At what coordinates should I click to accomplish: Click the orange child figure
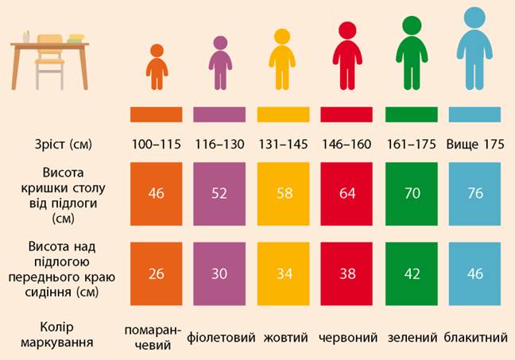tap(157, 68)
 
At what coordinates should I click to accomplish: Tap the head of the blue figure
tap(474, 17)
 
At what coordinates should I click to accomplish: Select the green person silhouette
tap(412, 53)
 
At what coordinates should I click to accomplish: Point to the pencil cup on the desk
tap(26, 37)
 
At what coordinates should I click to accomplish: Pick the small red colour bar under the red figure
tap(347, 114)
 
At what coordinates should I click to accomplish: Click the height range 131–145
tap(283, 144)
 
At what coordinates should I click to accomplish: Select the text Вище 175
tap(475, 144)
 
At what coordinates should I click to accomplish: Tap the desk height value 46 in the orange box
tap(156, 193)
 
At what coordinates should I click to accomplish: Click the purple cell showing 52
tap(219, 194)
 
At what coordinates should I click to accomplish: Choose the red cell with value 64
tap(347, 194)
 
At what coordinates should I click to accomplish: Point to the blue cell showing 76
tap(475, 194)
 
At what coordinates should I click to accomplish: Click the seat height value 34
tap(284, 273)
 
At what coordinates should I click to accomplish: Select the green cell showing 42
tap(412, 273)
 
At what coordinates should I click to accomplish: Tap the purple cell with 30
tap(219, 273)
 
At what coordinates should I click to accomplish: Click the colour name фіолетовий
tap(221, 338)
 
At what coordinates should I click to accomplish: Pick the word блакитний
tap(475, 337)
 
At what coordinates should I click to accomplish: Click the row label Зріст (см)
tap(64, 145)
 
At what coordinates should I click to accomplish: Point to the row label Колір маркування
tap(56, 335)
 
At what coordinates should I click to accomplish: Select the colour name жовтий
tap(286, 337)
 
